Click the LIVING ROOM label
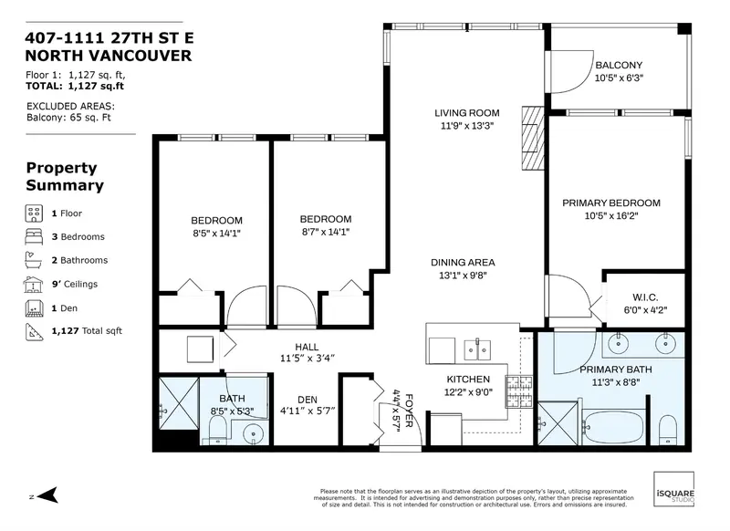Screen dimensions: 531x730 coord(464,113)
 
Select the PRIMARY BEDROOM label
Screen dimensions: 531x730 coord(610,203)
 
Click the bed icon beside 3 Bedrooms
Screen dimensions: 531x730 coord(33,237)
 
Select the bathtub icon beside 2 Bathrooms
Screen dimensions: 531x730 coord(33,260)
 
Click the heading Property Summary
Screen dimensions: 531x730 coord(64,176)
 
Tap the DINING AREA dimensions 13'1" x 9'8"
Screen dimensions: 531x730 coord(463,276)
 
